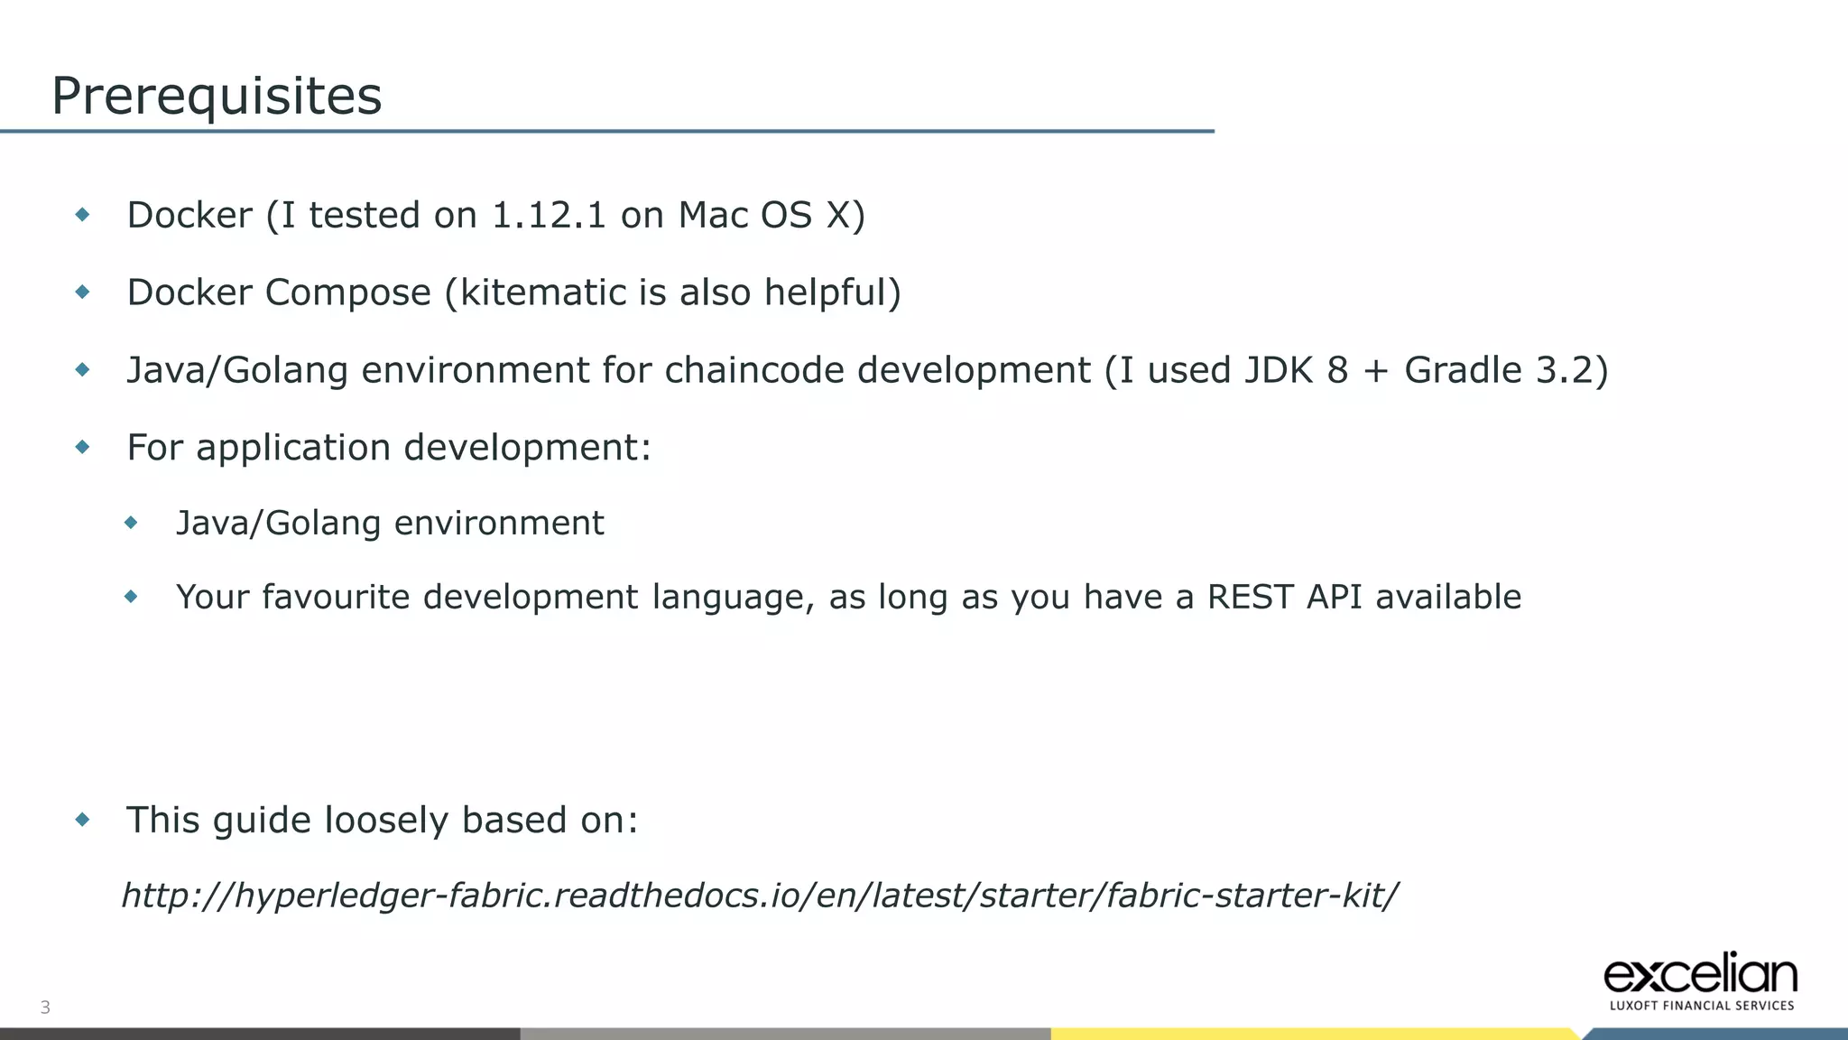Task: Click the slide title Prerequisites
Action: point(217,96)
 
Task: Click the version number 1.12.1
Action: point(549,216)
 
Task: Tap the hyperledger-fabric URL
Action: point(760,896)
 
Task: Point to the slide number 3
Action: point(45,1007)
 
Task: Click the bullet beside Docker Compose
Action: point(83,292)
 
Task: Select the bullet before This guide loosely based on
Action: point(83,820)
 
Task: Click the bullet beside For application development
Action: point(83,447)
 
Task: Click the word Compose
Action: point(347,292)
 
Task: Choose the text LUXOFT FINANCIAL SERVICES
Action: point(1702,1006)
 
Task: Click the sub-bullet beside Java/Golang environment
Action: point(132,523)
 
